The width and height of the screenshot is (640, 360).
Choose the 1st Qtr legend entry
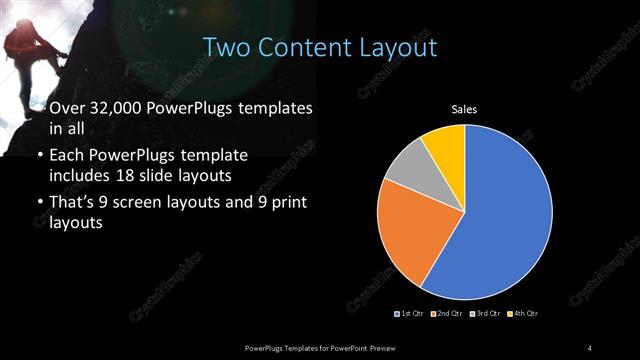coord(410,314)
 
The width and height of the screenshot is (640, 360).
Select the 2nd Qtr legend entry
coord(446,314)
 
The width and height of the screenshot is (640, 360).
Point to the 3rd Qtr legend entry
coord(483,314)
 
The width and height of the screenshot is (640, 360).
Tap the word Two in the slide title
coord(226,47)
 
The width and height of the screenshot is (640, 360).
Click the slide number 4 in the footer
coord(590,346)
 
